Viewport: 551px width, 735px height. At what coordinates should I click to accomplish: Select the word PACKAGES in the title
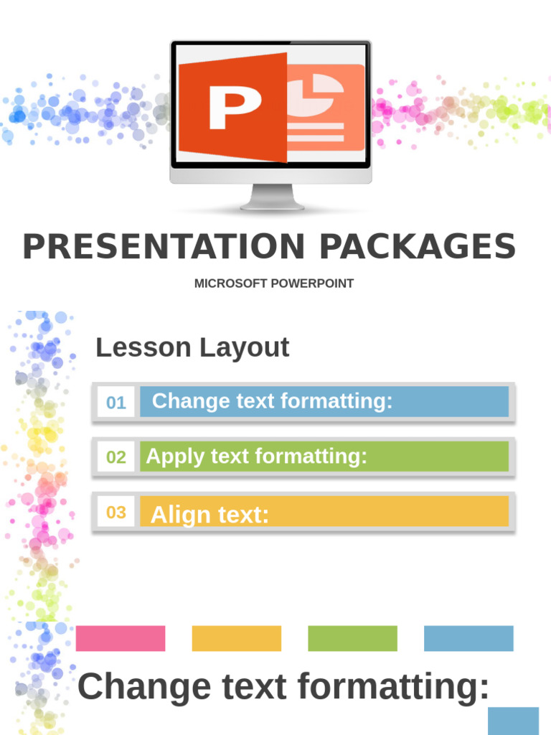(417, 247)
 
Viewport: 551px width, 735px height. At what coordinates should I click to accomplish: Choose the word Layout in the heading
(244, 347)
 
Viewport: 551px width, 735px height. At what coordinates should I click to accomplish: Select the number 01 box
(116, 402)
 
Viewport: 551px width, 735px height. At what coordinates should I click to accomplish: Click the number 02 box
(116, 457)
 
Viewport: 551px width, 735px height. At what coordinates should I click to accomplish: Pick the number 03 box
(116, 512)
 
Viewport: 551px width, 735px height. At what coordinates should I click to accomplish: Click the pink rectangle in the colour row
(121, 638)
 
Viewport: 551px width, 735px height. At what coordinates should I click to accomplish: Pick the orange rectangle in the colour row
(237, 638)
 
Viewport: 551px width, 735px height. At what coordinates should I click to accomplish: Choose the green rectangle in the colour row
(352, 638)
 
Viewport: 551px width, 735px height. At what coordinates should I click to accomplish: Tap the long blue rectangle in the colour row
(468, 638)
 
